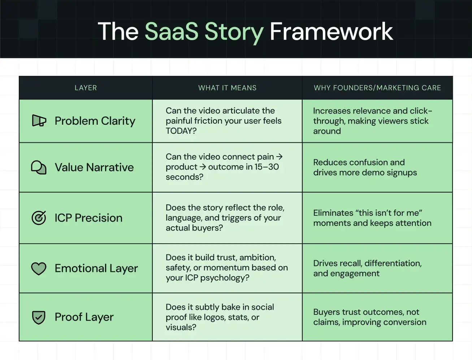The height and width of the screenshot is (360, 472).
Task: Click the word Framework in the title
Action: coord(331,32)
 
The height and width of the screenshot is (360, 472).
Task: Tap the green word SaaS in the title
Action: coord(172,32)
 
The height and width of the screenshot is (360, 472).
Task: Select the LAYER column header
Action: coord(86,88)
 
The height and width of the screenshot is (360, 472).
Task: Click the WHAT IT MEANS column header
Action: coord(227,88)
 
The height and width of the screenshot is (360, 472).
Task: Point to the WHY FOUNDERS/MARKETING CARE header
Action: coord(377,88)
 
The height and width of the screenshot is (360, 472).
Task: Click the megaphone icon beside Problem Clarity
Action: coord(39,121)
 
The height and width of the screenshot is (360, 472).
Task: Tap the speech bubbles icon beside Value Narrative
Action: coord(39,167)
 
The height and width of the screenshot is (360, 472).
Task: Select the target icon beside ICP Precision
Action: coord(39,218)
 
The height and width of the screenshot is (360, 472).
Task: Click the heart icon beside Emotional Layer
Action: coord(39,268)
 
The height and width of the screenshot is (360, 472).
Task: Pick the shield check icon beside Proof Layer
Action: coord(39,317)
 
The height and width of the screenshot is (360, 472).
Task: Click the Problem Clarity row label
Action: coord(95,121)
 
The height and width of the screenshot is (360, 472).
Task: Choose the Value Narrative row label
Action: coord(94,167)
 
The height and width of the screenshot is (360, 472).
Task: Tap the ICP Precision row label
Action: coord(88,218)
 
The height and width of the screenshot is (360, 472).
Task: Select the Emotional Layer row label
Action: coord(96,269)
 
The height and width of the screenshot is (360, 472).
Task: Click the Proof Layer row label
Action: coord(84,317)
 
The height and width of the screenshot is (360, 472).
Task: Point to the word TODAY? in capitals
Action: coord(181,131)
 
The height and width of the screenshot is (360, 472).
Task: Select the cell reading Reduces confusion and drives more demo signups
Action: coord(365,167)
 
